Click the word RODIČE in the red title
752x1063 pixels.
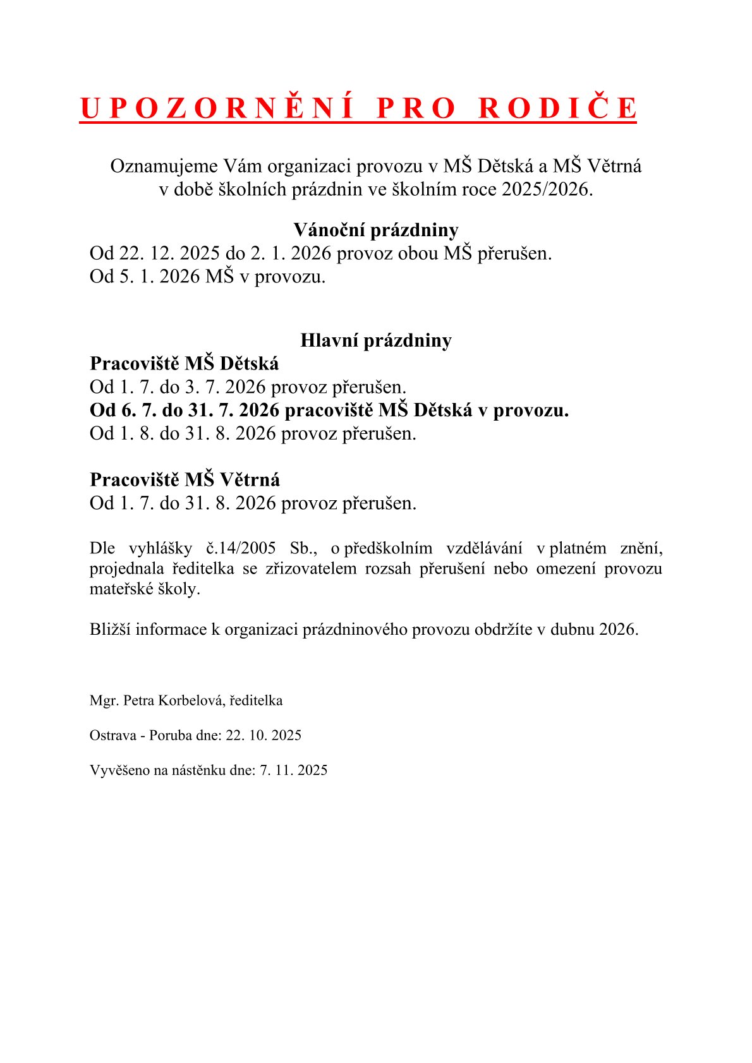[x=557, y=108]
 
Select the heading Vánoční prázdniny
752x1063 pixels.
[x=375, y=230]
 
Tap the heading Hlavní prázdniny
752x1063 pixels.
[x=375, y=340]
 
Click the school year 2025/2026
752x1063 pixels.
[x=547, y=189]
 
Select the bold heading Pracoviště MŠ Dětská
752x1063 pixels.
[x=184, y=364]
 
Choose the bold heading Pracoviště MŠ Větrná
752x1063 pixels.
[x=185, y=480]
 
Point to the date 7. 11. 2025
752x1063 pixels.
[x=294, y=770]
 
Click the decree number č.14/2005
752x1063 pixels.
[x=241, y=548]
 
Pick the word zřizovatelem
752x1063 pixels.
[x=311, y=568]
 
